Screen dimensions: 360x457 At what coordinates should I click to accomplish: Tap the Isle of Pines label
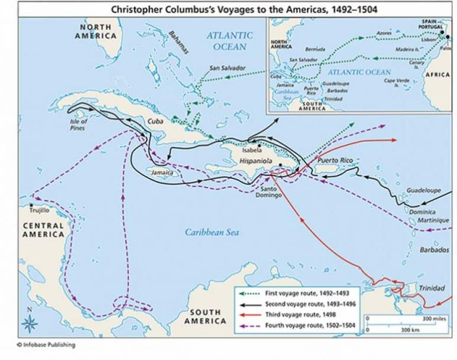[78, 124]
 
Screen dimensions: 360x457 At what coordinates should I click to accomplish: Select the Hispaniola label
[256, 161]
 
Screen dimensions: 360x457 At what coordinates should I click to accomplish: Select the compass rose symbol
[28, 322]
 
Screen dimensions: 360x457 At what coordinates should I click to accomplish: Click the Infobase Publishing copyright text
[41, 345]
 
